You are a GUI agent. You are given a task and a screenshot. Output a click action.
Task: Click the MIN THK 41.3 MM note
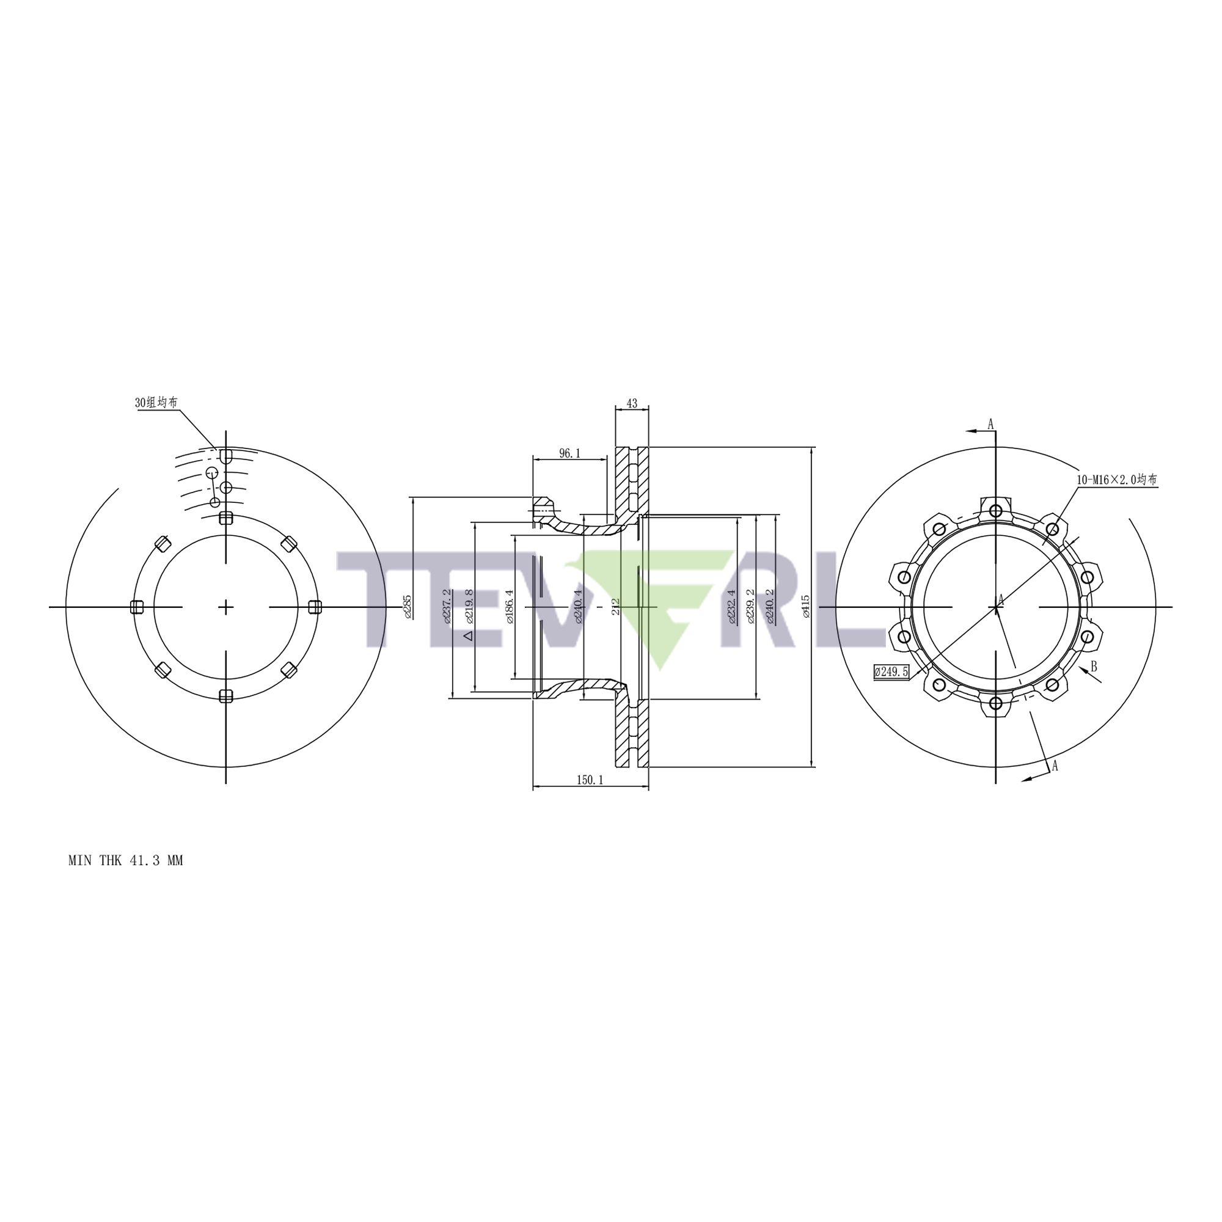click(x=125, y=861)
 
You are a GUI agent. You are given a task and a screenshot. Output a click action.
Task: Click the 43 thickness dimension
click(x=631, y=403)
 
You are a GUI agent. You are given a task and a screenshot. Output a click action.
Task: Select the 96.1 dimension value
click(x=569, y=453)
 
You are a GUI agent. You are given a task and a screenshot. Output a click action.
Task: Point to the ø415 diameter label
click(x=805, y=606)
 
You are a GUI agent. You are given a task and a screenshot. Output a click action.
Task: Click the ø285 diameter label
click(x=408, y=606)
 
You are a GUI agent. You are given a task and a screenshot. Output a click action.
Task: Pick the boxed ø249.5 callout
click(x=891, y=672)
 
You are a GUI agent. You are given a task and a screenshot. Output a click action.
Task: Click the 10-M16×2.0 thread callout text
click(x=1117, y=480)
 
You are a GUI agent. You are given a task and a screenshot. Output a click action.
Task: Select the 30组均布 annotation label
click(x=156, y=403)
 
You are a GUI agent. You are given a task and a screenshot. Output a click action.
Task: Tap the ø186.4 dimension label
click(x=510, y=607)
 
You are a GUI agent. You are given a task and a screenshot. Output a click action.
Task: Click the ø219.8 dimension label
click(x=469, y=607)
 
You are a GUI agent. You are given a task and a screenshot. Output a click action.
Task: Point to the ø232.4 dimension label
click(x=732, y=607)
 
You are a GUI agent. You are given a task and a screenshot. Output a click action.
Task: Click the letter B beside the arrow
click(x=1093, y=667)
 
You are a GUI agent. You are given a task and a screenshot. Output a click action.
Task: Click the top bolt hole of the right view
click(x=995, y=510)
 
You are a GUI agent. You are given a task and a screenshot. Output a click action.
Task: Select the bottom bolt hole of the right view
click(x=995, y=703)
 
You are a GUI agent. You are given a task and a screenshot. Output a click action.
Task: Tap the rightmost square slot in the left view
click(x=314, y=607)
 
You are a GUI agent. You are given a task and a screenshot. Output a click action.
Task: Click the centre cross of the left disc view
click(x=226, y=607)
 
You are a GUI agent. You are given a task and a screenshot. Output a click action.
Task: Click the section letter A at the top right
click(x=990, y=424)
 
